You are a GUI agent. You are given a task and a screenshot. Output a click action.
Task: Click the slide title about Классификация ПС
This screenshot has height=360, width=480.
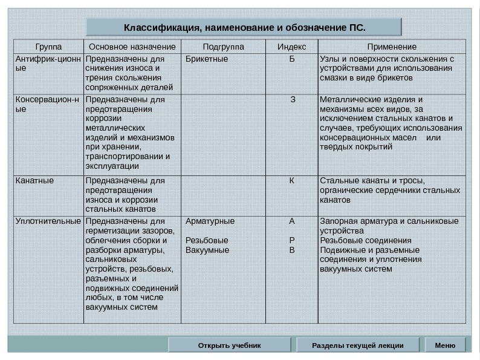(x=244, y=27)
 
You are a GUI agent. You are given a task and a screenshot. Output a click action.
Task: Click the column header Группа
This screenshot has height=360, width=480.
(x=48, y=47)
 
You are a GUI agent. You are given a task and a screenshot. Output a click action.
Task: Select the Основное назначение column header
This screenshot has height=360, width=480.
(x=132, y=47)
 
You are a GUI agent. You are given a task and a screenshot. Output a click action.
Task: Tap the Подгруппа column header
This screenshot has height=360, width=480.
(x=223, y=47)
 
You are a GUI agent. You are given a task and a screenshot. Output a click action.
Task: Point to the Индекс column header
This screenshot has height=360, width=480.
(x=291, y=47)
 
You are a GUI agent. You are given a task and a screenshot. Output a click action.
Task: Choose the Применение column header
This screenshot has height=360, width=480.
(x=392, y=47)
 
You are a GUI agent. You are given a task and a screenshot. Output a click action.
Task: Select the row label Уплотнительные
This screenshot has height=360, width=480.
(x=48, y=221)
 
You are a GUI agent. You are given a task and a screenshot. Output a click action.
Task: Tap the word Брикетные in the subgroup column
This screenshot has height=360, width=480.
(x=207, y=59)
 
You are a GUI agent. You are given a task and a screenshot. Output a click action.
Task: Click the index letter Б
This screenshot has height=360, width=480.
(x=292, y=59)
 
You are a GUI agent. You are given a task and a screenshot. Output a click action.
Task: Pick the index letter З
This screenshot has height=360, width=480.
(x=293, y=99)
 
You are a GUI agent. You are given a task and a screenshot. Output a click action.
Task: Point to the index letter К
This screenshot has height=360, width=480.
(x=292, y=180)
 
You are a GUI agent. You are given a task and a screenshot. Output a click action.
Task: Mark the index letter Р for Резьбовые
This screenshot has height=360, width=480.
(x=293, y=240)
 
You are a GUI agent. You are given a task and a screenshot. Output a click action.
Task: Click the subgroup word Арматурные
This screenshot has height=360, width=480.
(x=210, y=221)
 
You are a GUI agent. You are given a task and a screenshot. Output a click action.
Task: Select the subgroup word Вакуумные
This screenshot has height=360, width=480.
(x=207, y=250)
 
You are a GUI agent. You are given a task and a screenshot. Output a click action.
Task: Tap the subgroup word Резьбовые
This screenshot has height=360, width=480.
(x=207, y=240)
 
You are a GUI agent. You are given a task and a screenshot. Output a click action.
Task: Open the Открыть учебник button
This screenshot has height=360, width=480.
(x=229, y=345)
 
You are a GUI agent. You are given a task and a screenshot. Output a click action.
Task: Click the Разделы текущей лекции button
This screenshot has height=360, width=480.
(x=357, y=345)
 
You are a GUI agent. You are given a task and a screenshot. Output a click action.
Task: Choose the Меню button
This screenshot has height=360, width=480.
(x=445, y=345)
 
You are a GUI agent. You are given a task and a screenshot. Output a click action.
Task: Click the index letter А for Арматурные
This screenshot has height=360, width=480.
(x=293, y=221)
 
